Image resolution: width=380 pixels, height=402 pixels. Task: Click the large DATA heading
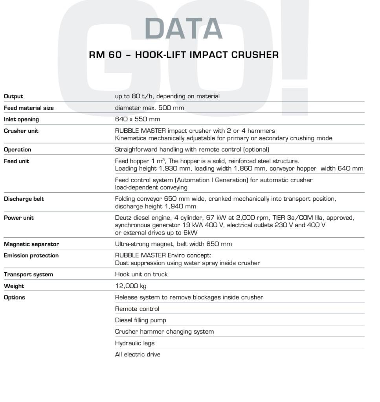(x=184, y=29)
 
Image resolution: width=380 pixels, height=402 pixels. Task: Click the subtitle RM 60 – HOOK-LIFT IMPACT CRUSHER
(x=184, y=55)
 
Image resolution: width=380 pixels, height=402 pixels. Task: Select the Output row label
(x=13, y=96)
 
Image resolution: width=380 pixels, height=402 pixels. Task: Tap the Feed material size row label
(x=29, y=108)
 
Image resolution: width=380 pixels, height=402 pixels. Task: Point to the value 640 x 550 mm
(x=137, y=119)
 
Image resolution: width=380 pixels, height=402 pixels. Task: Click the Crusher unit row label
(x=21, y=131)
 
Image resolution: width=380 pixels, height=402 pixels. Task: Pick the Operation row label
(x=17, y=150)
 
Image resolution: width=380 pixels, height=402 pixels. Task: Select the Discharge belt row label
(x=24, y=199)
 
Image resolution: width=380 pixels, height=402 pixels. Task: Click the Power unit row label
(x=19, y=218)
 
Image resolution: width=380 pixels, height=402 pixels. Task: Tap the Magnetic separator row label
(x=31, y=244)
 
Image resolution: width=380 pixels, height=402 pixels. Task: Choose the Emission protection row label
(x=31, y=256)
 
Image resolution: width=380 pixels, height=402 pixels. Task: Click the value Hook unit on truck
(x=141, y=274)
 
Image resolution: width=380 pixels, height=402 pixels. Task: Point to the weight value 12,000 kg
(x=130, y=286)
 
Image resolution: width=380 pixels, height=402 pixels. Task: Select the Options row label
(x=15, y=297)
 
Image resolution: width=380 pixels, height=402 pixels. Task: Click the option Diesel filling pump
(x=140, y=320)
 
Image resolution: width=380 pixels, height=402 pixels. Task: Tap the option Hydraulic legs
(x=134, y=343)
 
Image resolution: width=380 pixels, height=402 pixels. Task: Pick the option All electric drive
(x=138, y=354)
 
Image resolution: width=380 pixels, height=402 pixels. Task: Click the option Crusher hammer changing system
(x=164, y=332)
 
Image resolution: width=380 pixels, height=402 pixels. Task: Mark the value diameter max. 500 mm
(x=149, y=108)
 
